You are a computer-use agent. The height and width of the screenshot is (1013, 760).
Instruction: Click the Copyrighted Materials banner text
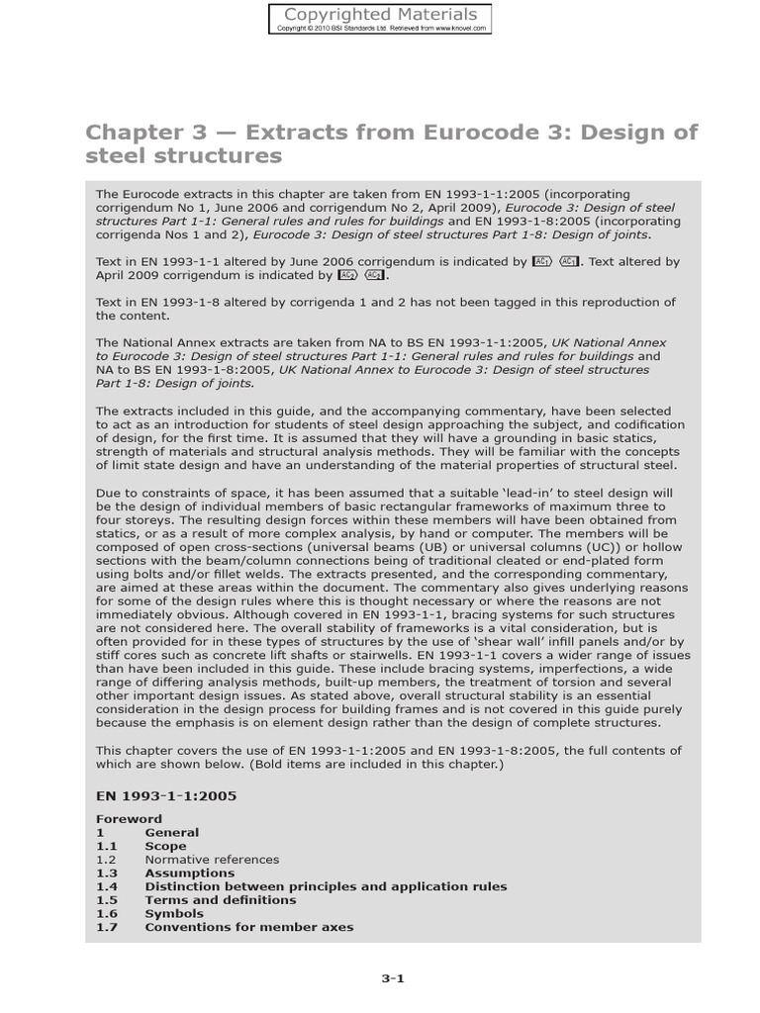(x=381, y=14)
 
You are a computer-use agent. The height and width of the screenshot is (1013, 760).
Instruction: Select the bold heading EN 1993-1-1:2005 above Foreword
(x=165, y=794)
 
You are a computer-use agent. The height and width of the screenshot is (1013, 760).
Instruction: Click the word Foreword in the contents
(x=129, y=819)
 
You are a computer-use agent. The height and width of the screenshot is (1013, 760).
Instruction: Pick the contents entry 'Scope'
(x=165, y=846)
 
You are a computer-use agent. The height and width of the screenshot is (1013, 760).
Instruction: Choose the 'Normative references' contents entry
(x=212, y=860)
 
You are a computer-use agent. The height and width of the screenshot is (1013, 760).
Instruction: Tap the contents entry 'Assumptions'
(x=190, y=874)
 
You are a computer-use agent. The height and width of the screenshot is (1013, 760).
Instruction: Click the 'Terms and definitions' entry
(x=220, y=900)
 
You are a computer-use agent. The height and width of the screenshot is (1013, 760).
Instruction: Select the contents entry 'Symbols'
(x=174, y=914)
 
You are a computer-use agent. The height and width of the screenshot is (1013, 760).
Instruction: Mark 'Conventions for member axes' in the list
(x=248, y=928)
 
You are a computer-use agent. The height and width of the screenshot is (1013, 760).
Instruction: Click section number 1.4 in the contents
(x=107, y=886)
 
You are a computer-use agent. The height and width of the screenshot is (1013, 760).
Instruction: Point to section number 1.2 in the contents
(x=107, y=860)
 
